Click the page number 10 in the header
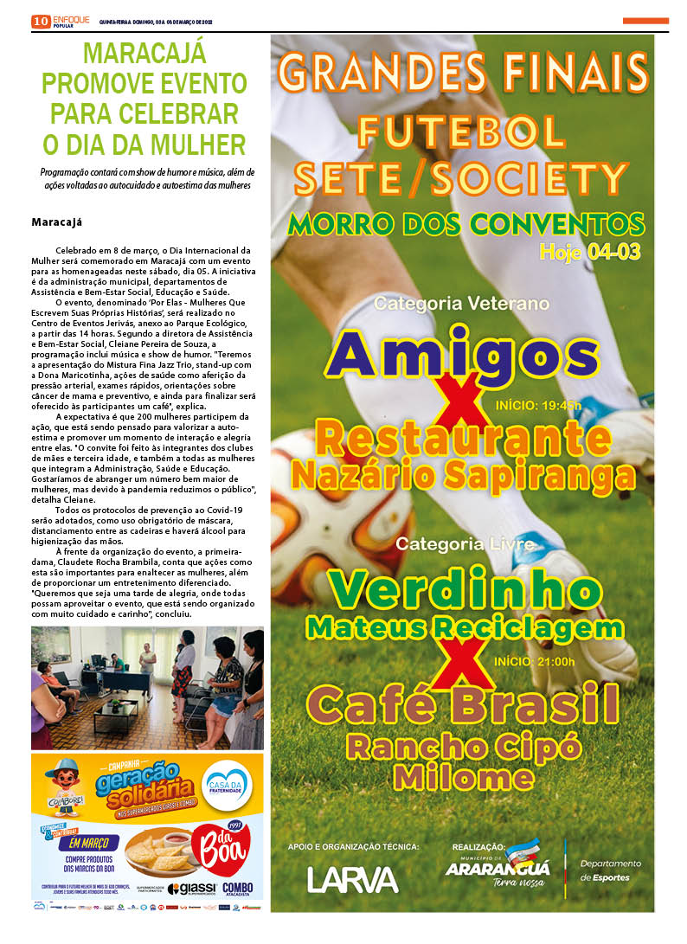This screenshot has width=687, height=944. point(40,22)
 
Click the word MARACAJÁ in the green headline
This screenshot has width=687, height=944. point(144,55)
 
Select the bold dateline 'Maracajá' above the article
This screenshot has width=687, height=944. point(57,222)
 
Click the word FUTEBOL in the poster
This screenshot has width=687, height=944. point(462,132)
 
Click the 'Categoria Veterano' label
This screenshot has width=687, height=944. point(462,304)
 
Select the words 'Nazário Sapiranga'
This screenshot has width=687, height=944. point(463,475)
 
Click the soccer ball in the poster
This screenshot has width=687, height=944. point(329,511)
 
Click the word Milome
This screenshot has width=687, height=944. point(462,776)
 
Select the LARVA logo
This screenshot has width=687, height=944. point(353,880)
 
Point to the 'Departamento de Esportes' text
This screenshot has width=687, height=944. point(611,870)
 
